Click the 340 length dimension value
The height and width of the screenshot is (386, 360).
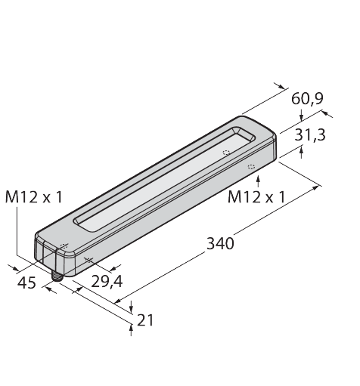point(220,243)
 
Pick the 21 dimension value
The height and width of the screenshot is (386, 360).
point(145,320)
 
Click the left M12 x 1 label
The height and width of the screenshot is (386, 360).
point(34,197)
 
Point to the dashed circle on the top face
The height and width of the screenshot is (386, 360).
point(225,153)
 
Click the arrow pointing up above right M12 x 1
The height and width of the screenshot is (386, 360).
point(259,179)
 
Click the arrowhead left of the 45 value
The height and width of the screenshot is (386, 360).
point(15,266)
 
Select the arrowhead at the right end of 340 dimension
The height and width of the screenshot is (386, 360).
point(316,186)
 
